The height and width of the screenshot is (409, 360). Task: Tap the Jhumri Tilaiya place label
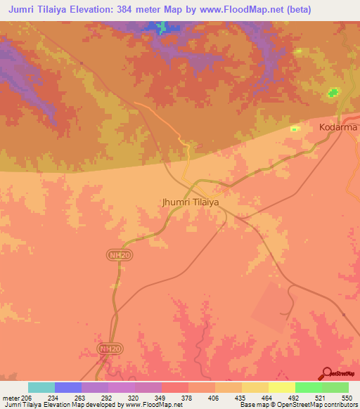(x=191, y=202)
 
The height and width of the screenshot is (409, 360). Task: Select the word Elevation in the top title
(x=91, y=9)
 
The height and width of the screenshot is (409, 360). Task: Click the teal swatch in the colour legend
(x=41, y=387)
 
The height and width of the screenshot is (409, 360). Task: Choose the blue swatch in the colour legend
(x=68, y=387)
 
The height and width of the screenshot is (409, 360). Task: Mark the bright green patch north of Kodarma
(x=333, y=92)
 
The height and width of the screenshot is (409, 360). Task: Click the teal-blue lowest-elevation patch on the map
(x=162, y=27)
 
